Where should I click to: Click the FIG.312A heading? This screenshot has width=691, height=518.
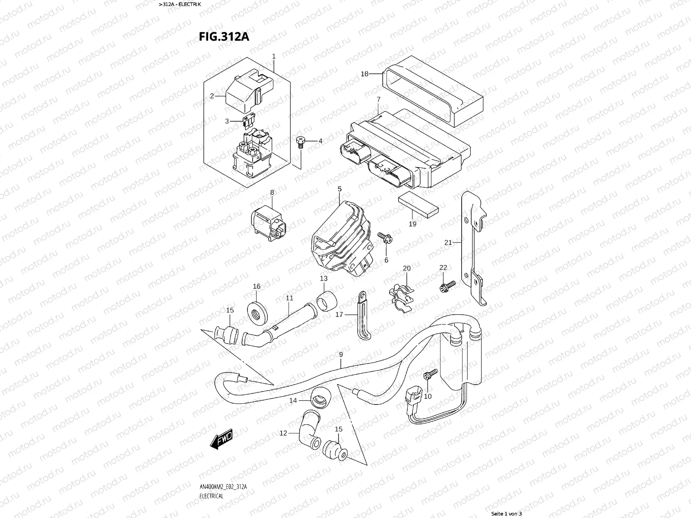[224, 36]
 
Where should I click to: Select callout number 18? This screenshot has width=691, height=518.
[365, 74]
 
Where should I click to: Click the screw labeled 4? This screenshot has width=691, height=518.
[301, 142]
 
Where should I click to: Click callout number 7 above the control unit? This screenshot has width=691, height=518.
[378, 100]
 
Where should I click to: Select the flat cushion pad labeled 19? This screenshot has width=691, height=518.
[418, 205]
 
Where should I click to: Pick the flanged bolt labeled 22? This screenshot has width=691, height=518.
[447, 285]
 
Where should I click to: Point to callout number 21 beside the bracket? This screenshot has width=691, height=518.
[448, 243]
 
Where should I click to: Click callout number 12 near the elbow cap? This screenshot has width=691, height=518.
[283, 433]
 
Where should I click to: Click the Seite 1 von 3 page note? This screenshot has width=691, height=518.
[507, 514]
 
